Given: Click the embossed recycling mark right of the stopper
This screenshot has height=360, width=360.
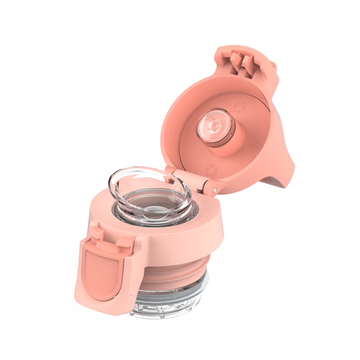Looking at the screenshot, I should pyautogui.click(x=256, y=146).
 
